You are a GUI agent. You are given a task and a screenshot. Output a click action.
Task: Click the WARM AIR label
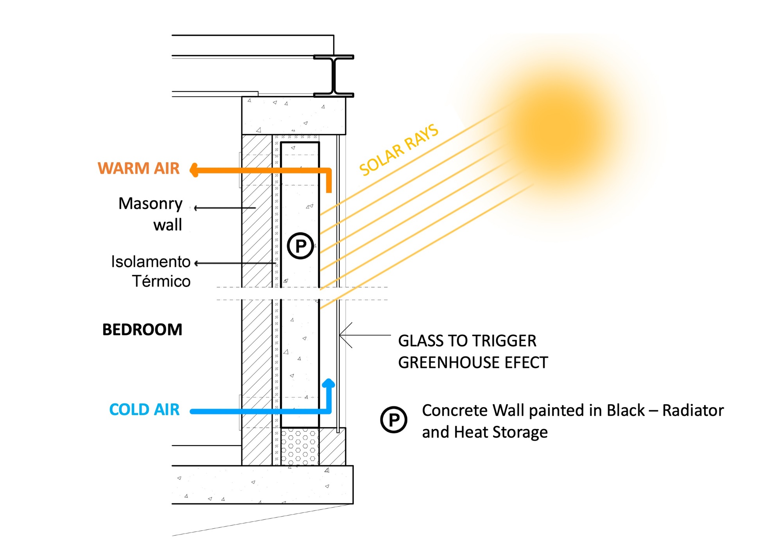[x=138, y=168]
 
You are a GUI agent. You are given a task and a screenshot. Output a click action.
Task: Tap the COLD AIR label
[x=144, y=410]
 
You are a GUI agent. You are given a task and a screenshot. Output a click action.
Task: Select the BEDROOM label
[x=142, y=330]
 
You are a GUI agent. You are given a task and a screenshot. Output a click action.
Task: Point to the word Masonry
[x=151, y=204]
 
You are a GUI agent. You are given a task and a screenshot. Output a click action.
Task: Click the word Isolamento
[x=151, y=262]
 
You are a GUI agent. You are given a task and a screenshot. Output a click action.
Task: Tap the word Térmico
[x=161, y=281]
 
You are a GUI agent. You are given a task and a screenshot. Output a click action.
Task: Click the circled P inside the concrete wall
[x=300, y=246]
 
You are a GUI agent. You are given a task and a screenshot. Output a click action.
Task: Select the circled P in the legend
[x=394, y=420]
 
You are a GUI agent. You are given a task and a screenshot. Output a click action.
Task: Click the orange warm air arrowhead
[x=194, y=170]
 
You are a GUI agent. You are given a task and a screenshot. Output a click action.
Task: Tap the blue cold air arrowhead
[x=328, y=383]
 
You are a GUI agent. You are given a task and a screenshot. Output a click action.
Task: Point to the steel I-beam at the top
[x=334, y=76]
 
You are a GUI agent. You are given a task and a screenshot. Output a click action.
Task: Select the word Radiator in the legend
[x=693, y=411]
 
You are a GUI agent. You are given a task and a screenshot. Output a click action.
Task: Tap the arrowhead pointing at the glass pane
[x=343, y=335]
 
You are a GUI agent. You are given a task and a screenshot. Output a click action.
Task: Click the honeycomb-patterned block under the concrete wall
[x=300, y=447]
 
